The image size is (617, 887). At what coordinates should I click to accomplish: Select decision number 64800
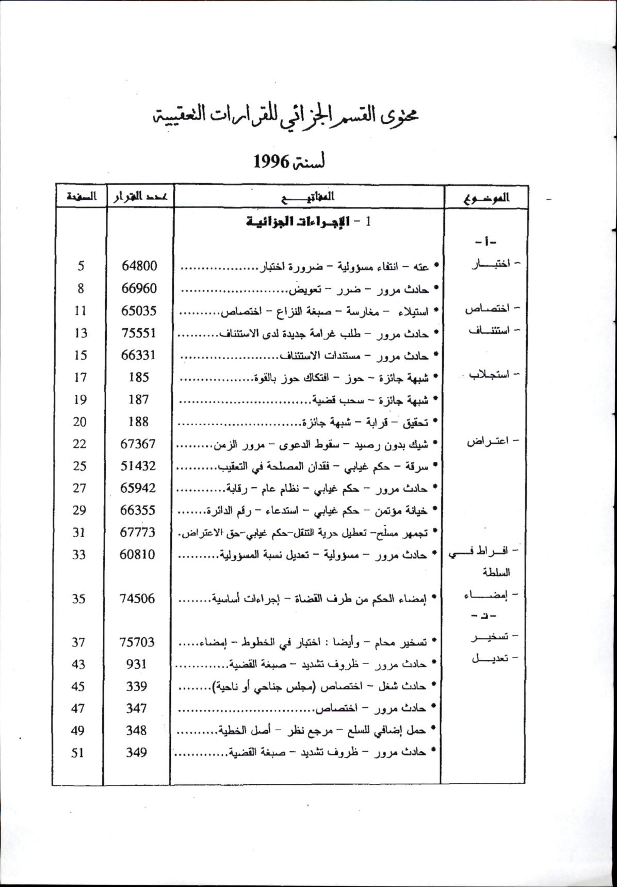[x=139, y=266]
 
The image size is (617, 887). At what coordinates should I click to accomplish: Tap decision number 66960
[x=139, y=288]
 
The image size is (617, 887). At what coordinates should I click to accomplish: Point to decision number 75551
[x=138, y=333]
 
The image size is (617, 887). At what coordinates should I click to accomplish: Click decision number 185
[x=138, y=377]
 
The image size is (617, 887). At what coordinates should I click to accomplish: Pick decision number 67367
[x=138, y=444]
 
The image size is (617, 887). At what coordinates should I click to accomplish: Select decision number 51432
[x=138, y=466]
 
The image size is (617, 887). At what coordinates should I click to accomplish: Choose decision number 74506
[x=137, y=599]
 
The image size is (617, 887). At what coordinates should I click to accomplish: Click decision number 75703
[x=137, y=642]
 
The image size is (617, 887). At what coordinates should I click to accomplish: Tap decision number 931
[x=137, y=664]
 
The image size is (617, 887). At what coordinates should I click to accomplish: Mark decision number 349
[x=136, y=752]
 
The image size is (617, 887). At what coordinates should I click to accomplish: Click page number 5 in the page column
[x=81, y=266]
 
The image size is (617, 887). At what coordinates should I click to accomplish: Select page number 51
[x=77, y=752]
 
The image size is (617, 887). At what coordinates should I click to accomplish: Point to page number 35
[x=78, y=599]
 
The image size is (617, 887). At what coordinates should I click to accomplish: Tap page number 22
[x=79, y=444]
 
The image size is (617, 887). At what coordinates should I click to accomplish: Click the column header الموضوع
[x=486, y=197]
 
